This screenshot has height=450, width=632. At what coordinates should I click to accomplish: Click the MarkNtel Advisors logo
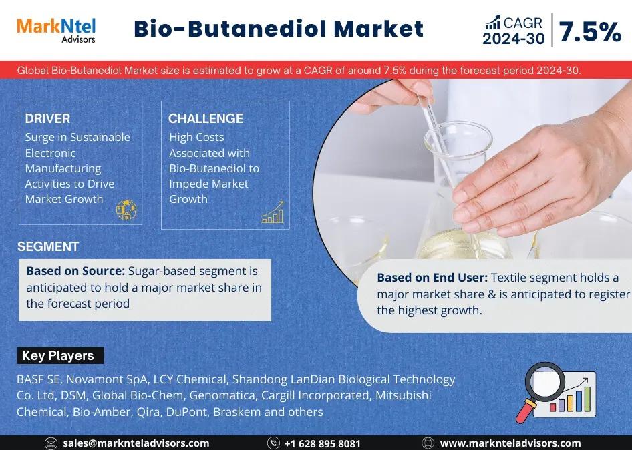(x=56, y=30)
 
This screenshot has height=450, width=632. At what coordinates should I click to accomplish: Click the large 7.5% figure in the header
(x=590, y=32)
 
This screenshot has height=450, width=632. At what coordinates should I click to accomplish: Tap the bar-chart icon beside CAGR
(x=492, y=23)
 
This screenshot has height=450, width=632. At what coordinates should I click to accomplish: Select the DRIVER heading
(x=47, y=118)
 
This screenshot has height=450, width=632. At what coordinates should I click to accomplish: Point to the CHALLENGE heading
(x=206, y=118)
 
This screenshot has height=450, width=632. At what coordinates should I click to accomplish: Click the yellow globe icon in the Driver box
(x=126, y=210)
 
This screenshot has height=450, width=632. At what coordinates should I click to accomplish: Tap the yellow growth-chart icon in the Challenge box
(x=273, y=212)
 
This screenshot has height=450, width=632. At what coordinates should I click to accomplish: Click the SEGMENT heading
(x=48, y=246)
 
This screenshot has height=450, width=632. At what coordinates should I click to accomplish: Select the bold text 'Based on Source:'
(x=75, y=271)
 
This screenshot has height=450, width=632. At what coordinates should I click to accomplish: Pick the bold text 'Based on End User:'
(x=432, y=278)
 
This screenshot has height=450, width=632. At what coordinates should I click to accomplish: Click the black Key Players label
(x=60, y=355)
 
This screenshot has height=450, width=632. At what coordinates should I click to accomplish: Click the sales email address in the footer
(x=136, y=443)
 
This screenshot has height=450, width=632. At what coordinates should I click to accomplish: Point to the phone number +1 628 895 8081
(x=323, y=443)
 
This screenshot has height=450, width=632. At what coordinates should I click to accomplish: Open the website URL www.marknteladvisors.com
(x=510, y=443)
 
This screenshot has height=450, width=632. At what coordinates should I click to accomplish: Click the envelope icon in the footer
(x=51, y=443)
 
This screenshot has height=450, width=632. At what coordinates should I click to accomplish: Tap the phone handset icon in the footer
(x=274, y=443)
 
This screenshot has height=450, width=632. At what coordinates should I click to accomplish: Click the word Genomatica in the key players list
(x=222, y=395)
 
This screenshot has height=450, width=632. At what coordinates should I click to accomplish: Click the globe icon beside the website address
(x=428, y=443)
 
